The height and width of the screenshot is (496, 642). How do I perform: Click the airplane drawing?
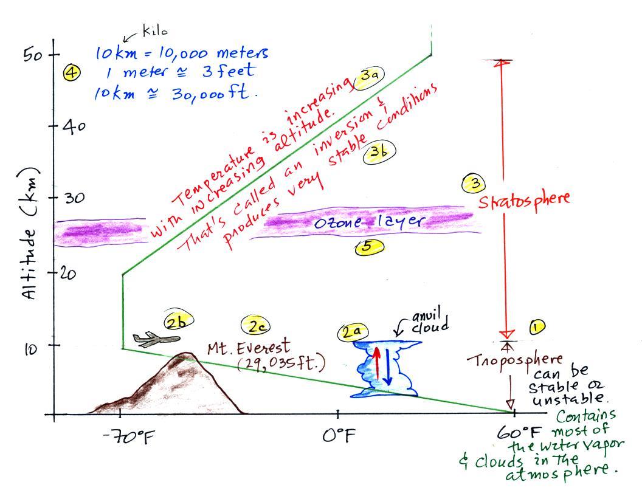[x=156, y=339]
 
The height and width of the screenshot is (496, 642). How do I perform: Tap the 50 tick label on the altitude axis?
[x=33, y=55]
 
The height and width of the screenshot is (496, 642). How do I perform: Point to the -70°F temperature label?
[x=128, y=437]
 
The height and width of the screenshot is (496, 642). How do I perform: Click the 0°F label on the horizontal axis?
[x=338, y=435]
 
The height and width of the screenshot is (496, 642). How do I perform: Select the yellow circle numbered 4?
[x=72, y=73]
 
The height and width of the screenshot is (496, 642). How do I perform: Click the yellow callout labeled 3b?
[x=379, y=152]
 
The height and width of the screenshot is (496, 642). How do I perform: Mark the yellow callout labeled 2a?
[x=353, y=331]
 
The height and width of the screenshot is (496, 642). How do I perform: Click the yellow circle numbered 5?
[x=369, y=247]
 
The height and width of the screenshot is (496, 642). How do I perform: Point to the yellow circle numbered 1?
[x=537, y=326]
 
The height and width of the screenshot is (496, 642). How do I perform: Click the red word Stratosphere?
[x=524, y=200]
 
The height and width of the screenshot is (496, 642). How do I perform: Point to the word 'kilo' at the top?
[x=155, y=30]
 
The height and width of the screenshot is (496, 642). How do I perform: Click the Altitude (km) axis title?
[x=28, y=233]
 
